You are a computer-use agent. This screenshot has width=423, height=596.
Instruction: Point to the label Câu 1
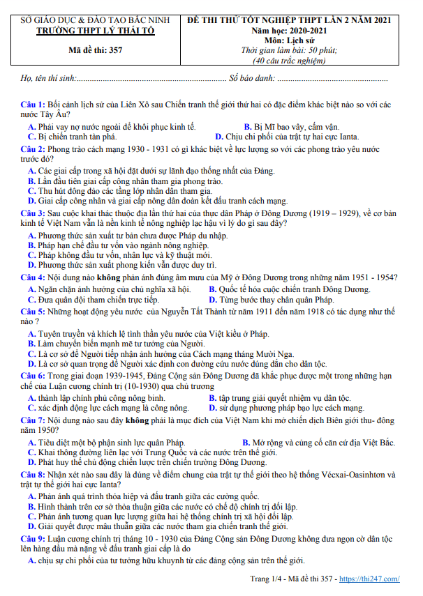tap(32, 104)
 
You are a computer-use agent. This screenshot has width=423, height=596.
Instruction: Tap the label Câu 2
tap(32, 149)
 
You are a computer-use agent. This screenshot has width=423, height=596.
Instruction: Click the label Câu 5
tap(32, 311)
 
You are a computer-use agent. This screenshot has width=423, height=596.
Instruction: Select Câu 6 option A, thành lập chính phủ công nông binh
tap(102, 398)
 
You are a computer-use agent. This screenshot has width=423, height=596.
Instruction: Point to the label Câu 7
tap(32, 420)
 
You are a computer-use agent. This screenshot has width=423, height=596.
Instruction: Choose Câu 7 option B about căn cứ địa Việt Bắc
tap(319, 443)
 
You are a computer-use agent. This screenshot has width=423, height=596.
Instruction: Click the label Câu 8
tap(32, 474)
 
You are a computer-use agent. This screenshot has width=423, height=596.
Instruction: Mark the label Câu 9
tap(32, 540)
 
